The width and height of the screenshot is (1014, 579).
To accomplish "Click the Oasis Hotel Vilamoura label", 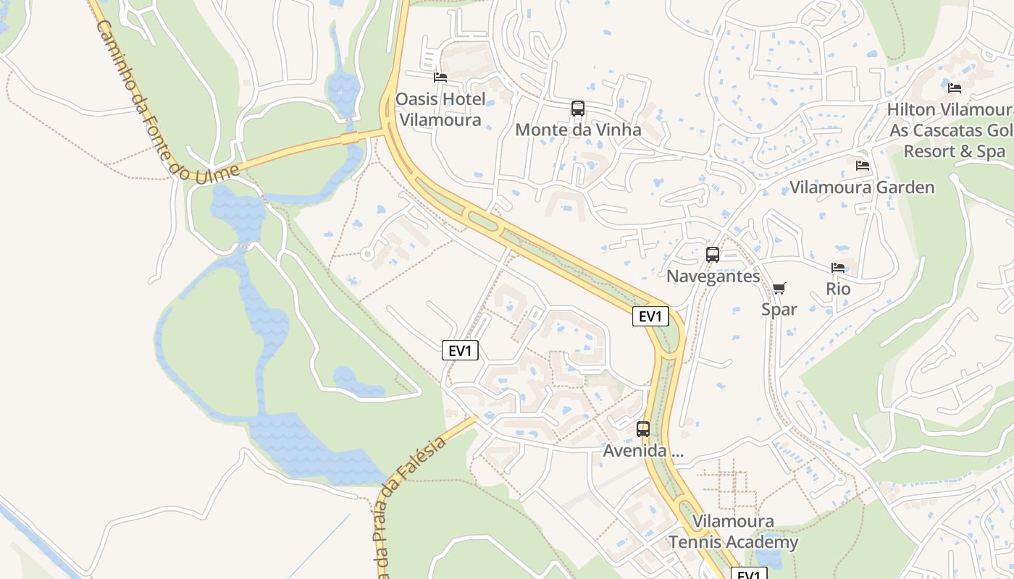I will tap(440, 109).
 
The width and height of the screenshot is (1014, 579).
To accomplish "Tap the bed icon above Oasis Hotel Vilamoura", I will tap(440, 77).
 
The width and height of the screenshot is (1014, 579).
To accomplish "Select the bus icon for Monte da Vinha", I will tap(577, 109).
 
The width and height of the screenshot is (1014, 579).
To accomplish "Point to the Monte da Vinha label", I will tap(578, 130).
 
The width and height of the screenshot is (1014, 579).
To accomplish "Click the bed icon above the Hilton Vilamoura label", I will tap(955, 88).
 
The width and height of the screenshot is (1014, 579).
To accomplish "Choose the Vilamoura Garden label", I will tap(862, 187).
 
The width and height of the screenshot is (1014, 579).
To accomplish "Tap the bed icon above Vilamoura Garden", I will tap(862, 166).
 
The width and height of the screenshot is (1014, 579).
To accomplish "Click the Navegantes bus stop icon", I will tap(713, 255).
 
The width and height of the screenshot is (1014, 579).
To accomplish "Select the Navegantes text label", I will tap(713, 276).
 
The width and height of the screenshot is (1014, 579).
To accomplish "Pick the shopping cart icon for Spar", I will tap(779, 289).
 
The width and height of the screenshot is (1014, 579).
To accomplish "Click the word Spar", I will tap(779, 310).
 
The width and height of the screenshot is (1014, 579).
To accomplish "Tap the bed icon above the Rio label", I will tap(838, 268).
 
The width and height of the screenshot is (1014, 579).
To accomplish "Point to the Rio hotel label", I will tap(838, 289).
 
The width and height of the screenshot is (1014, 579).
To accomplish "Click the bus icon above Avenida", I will tap(643, 429).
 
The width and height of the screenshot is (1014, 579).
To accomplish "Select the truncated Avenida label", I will tap(643, 451).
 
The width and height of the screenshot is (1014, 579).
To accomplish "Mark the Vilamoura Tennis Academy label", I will tap(733, 532).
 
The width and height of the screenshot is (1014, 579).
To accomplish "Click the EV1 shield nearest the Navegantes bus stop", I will tap(650, 316).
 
